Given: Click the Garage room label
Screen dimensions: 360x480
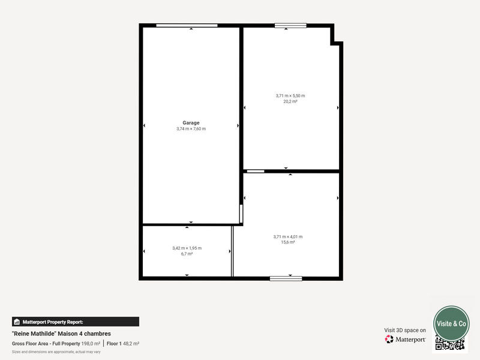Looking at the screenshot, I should click(191, 122).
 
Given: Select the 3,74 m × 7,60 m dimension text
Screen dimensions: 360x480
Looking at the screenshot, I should click(191, 129).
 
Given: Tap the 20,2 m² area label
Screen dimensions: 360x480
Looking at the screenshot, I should click(290, 102).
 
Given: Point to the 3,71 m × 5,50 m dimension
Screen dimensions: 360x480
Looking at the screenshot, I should click(290, 96).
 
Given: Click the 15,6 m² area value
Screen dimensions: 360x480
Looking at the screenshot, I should click(288, 242).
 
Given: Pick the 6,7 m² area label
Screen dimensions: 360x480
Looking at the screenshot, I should click(187, 254).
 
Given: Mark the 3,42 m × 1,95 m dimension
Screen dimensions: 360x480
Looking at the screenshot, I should click(187, 248).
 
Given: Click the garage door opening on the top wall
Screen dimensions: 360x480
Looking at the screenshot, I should click(187, 25).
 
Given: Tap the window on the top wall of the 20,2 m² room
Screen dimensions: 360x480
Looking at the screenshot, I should click(290, 25).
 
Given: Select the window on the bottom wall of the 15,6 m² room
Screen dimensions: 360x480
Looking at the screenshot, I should click(286, 278).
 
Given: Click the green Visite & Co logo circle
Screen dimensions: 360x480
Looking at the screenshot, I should click(451, 323).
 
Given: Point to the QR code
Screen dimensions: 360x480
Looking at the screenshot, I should click(450, 344).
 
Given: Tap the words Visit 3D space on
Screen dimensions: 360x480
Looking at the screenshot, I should click(405, 330).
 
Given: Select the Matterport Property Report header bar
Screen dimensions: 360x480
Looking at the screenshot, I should click(75, 322).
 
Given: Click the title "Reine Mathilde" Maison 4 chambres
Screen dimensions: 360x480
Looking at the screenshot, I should click(61, 334).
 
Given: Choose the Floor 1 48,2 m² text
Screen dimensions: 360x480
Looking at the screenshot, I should click(123, 343).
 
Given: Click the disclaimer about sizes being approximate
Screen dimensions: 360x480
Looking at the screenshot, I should click(56, 352).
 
